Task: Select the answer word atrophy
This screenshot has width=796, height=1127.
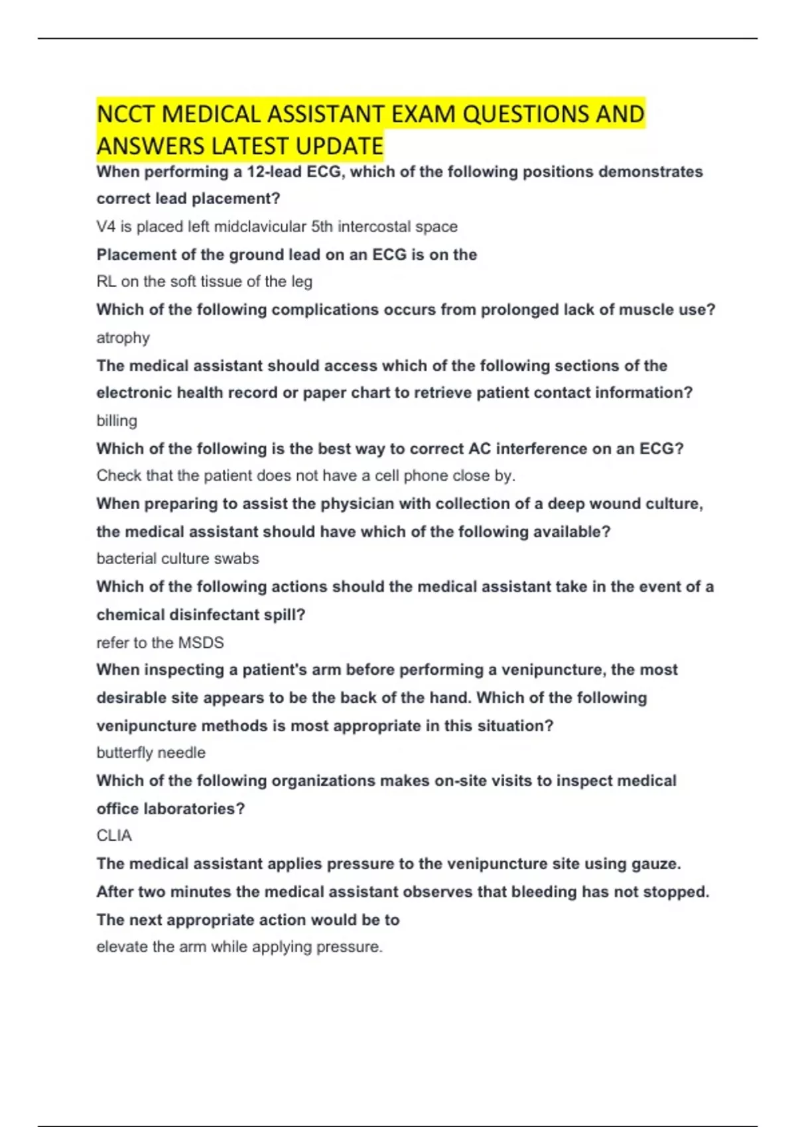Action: click(x=123, y=338)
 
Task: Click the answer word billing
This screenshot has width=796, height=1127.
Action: click(x=117, y=421)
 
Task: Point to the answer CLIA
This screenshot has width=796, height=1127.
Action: click(x=114, y=836)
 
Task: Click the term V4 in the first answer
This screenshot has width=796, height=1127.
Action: click(x=106, y=227)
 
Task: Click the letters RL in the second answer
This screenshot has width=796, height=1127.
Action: click(x=106, y=282)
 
